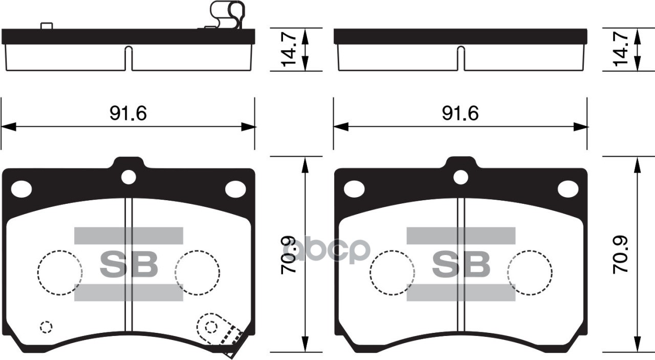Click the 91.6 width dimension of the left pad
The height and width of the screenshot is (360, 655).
click(128, 114)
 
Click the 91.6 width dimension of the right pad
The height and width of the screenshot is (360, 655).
click(460, 114)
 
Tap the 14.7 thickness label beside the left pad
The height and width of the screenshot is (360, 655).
click(289, 50)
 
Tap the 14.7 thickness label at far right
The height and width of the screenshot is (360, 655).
click(621, 50)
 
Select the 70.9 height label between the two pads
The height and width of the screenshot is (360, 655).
click(289, 255)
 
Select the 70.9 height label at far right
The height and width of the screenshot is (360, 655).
click(621, 255)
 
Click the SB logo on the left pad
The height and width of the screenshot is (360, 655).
click(128, 264)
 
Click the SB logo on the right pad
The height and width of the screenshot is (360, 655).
click(461, 264)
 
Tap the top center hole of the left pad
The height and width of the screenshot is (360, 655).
click(128, 177)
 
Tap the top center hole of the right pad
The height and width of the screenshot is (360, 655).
click(461, 177)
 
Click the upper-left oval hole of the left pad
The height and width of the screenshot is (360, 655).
click(21, 189)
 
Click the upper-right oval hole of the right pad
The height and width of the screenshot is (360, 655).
click(567, 189)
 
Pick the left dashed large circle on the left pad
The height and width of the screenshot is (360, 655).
click(60, 272)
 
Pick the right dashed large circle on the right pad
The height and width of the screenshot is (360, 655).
click(530, 272)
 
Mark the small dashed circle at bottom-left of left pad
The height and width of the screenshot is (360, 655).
click(46, 327)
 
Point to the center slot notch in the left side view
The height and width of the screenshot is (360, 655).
click(128, 57)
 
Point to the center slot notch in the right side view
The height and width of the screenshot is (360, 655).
click(461, 57)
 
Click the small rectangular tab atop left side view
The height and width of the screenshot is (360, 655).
click(47, 26)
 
